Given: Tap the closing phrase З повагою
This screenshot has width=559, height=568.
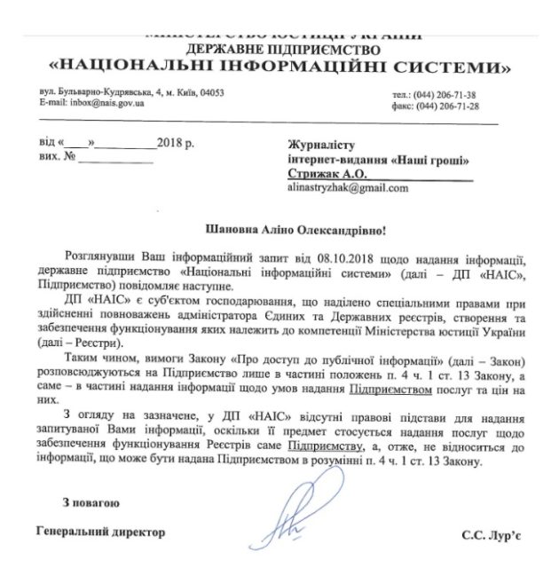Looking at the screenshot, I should (x=91, y=503).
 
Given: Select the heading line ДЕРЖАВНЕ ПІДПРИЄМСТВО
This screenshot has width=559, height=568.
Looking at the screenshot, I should (x=280, y=49).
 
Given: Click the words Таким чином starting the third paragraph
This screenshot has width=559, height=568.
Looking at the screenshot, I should (x=102, y=365).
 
